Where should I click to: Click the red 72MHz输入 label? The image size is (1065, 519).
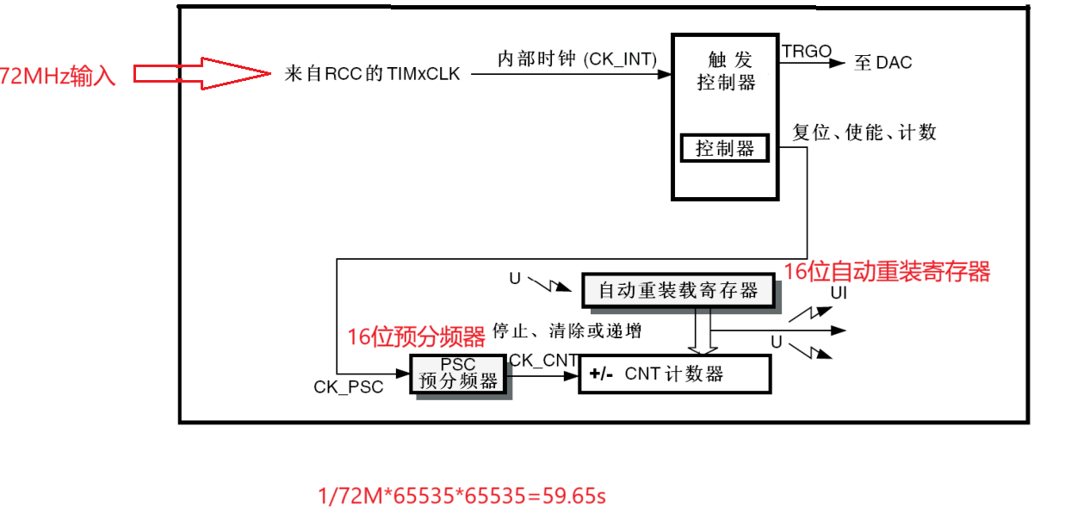pyautogui.click(x=57, y=76)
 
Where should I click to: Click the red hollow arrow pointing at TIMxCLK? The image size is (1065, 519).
pyautogui.click(x=202, y=74)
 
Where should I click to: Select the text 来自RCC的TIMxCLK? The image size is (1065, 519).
pyautogui.click(x=372, y=74)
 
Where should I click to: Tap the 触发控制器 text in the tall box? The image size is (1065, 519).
pyautogui.click(x=726, y=71)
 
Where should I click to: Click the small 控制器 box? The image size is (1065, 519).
pyautogui.click(x=725, y=149)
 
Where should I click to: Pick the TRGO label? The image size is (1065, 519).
pyautogui.click(x=806, y=53)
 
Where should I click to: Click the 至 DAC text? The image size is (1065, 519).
pyautogui.click(x=882, y=62)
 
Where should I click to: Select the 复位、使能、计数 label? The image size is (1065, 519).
pyautogui.click(x=864, y=133)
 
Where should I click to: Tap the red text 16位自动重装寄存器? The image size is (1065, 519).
pyautogui.click(x=887, y=272)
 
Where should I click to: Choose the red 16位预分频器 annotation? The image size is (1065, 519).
pyautogui.click(x=416, y=337)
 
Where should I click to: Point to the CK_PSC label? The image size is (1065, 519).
pyautogui.click(x=348, y=386)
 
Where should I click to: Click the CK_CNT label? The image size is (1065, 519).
pyautogui.click(x=543, y=360)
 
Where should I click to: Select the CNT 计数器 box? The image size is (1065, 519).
pyautogui.click(x=674, y=374)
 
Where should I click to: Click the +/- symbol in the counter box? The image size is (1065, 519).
pyautogui.click(x=601, y=374)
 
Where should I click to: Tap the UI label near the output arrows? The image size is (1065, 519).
pyautogui.click(x=839, y=293)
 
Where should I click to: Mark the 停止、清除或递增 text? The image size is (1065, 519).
pyautogui.click(x=566, y=331)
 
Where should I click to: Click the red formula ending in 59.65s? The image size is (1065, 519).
pyautogui.click(x=462, y=496)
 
